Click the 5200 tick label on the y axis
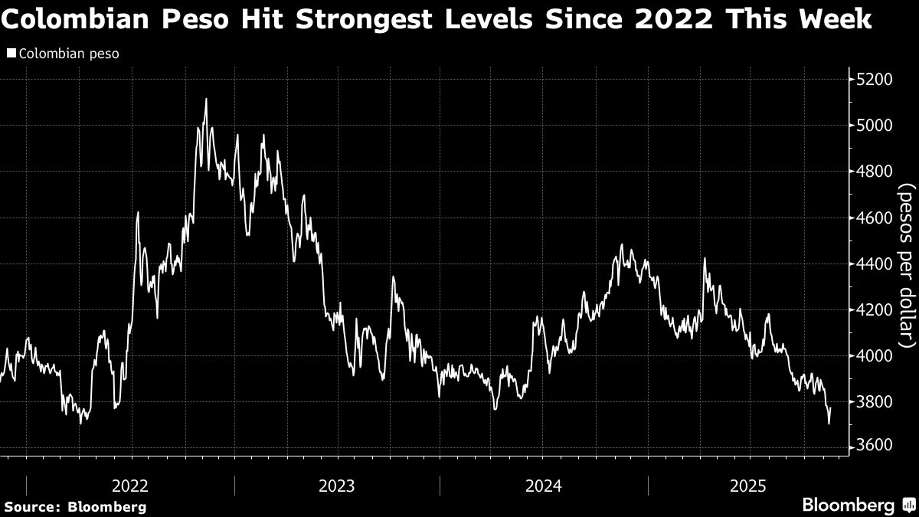[x=875, y=80]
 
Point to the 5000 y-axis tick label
[x=875, y=126]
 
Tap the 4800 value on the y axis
[x=875, y=172]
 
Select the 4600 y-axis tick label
[x=875, y=218]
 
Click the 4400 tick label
[x=875, y=264]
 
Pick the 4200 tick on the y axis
[x=875, y=310]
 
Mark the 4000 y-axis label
[x=875, y=356]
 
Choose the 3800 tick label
[x=875, y=402]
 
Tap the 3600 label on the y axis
[x=875, y=447]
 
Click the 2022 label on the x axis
[x=130, y=486]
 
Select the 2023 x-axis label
[x=336, y=486]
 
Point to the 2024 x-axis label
[x=543, y=486]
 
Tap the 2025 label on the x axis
[x=749, y=486]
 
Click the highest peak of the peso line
[x=206, y=100]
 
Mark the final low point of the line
[x=829, y=423]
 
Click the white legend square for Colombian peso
[x=10, y=54]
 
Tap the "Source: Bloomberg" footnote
[x=74, y=506]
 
